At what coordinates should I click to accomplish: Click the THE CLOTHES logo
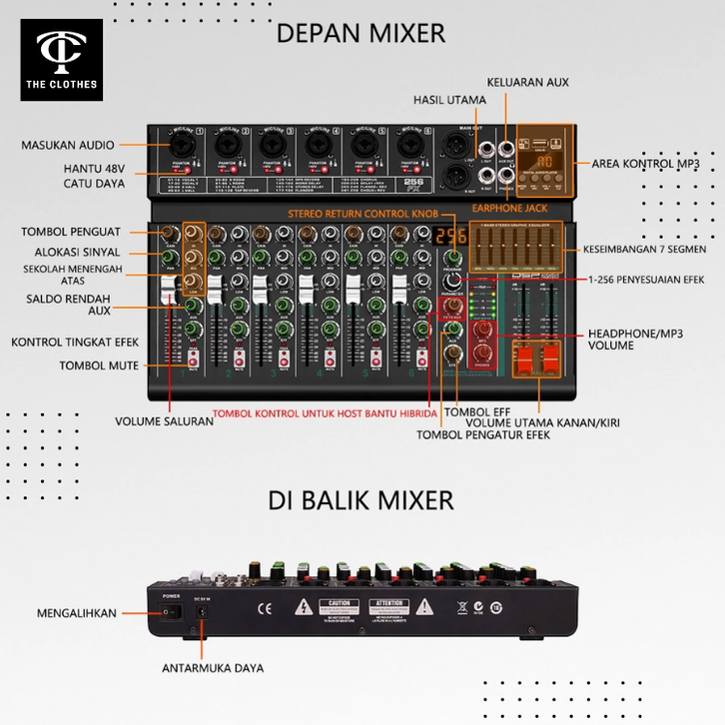tap(59, 59)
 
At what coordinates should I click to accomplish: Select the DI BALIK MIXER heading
tap(361, 498)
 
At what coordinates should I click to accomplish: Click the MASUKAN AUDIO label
tap(68, 146)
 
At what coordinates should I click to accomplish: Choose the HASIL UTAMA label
tap(450, 100)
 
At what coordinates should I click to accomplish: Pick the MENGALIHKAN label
tap(77, 612)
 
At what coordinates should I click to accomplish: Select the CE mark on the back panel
tap(266, 607)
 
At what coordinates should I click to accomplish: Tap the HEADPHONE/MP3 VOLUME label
tap(624, 339)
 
